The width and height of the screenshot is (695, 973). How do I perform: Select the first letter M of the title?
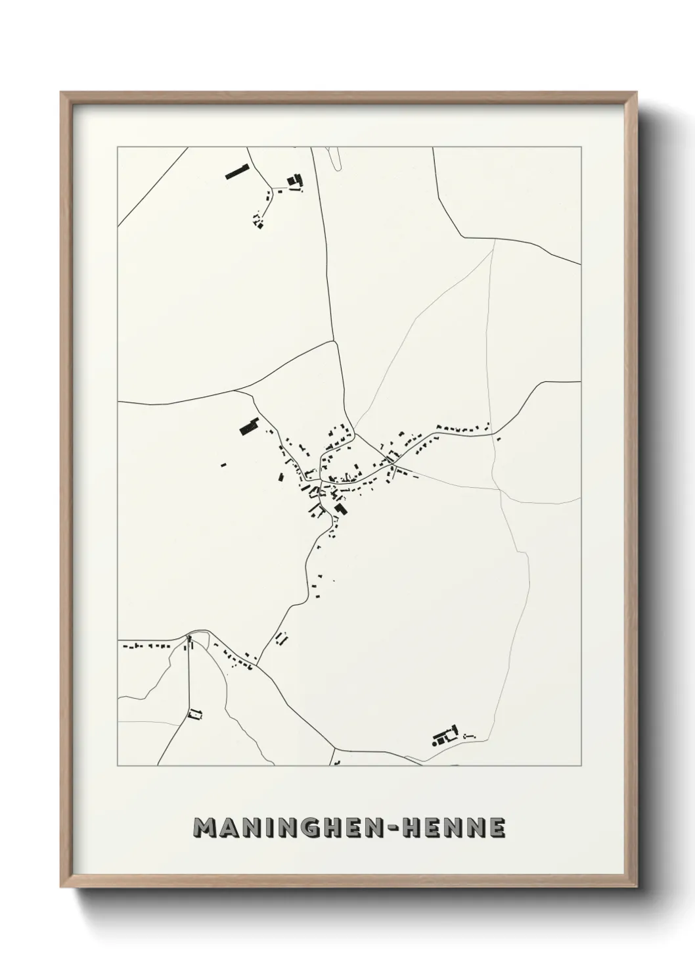click(x=206, y=828)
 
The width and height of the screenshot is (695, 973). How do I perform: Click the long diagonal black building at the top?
click(x=236, y=172)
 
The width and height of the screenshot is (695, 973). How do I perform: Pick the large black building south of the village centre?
click(x=340, y=510)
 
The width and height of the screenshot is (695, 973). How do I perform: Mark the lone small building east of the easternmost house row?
click(x=499, y=439)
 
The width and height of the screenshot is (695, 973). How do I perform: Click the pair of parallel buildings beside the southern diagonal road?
click(x=283, y=637)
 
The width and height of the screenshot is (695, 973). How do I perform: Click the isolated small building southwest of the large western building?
click(x=223, y=465)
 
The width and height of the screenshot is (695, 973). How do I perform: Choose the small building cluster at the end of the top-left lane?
click(x=258, y=222)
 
